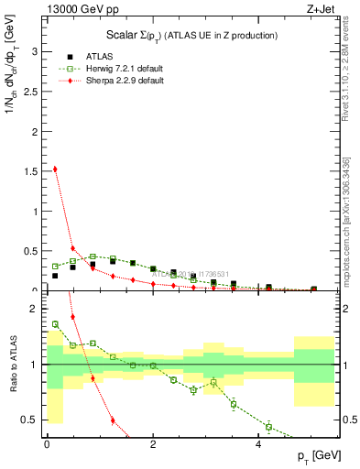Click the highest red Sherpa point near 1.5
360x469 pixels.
tap(55, 169)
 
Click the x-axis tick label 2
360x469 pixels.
tap(153, 443)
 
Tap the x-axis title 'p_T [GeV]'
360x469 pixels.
tap(316, 456)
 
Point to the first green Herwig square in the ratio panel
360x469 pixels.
tap(55, 323)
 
